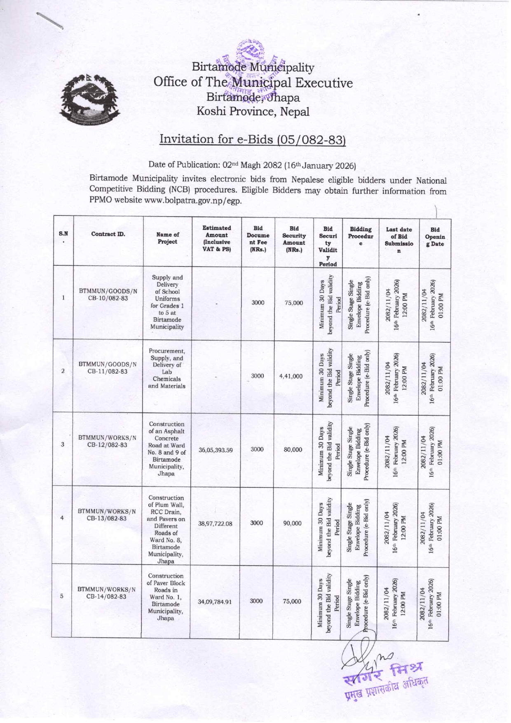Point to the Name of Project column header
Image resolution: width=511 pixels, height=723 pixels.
[x=167, y=238]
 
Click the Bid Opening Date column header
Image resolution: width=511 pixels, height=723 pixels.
[x=435, y=237]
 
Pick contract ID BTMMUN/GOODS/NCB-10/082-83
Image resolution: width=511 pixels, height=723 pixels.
[x=108, y=295]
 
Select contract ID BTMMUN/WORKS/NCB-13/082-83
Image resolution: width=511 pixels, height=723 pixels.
[x=107, y=515]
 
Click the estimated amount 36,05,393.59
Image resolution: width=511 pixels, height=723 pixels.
[x=216, y=450]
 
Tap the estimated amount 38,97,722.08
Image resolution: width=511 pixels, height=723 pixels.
[x=215, y=524]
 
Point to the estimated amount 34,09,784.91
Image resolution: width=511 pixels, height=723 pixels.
[x=215, y=601]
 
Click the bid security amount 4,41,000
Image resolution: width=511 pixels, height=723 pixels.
[x=291, y=376]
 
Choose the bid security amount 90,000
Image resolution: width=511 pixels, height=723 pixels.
[x=292, y=523]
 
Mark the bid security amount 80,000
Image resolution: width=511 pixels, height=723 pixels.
[x=293, y=449]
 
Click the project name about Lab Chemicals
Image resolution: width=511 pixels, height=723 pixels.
[x=167, y=368]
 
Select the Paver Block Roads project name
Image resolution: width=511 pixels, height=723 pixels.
[x=166, y=597]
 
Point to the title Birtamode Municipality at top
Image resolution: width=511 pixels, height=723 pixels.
[x=253, y=67]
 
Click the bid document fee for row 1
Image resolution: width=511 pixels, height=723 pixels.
[x=258, y=302]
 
